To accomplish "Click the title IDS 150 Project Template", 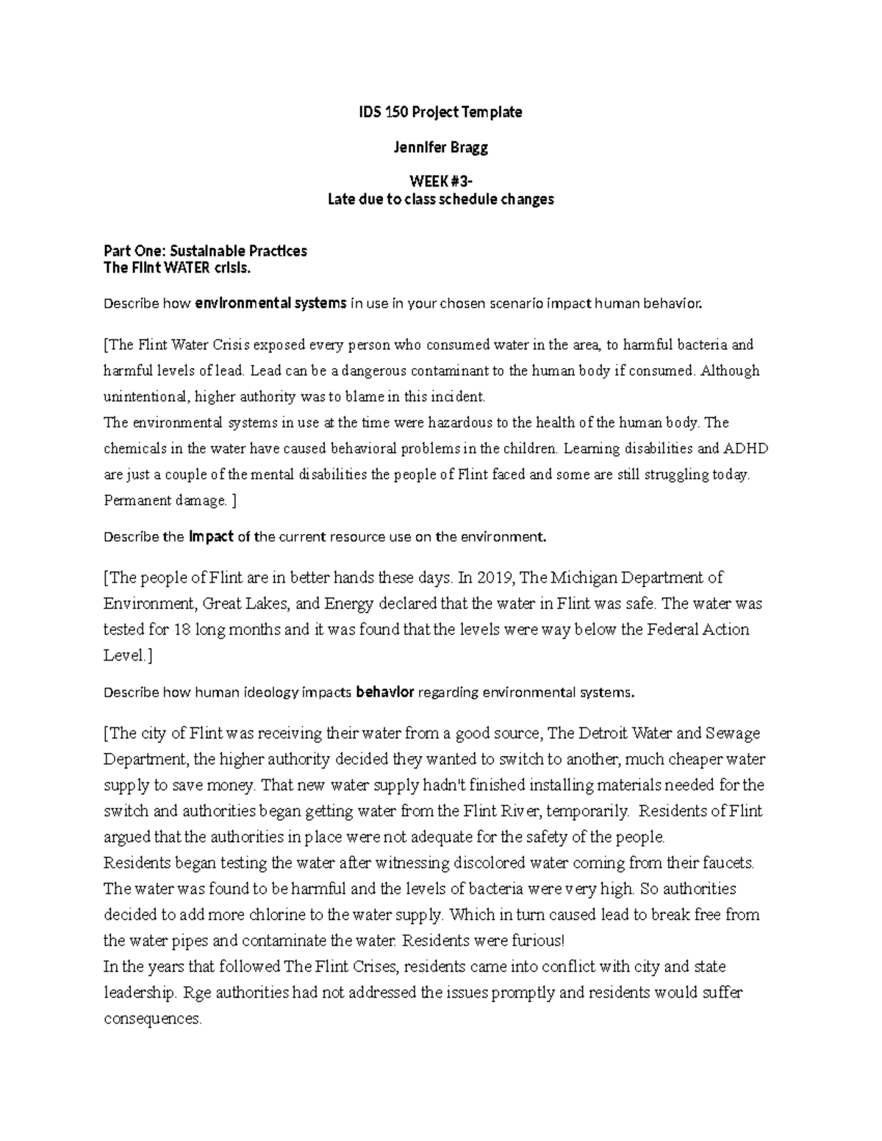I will coord(440,112).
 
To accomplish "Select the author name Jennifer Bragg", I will coord(440,148).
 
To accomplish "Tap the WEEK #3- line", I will coord(440,182).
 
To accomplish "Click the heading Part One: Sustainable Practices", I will coord(206,251).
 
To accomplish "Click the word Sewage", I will coord(733,733).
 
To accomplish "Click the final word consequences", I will coord(152,1020).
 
